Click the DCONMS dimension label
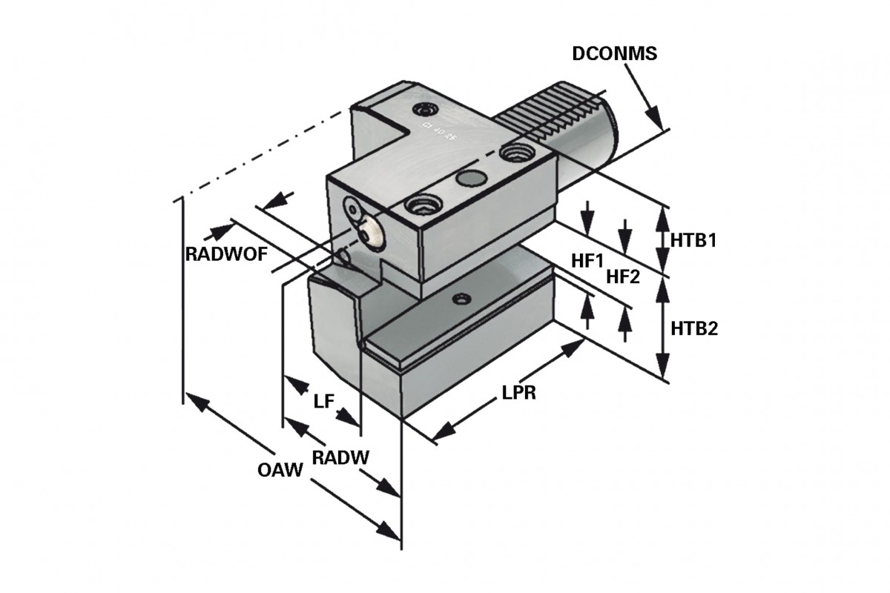[615, 53]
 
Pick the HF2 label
[623, 276]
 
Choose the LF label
[323, 402]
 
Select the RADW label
[340, 457]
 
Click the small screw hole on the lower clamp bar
[462, 299]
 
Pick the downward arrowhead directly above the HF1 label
[587, 222]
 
